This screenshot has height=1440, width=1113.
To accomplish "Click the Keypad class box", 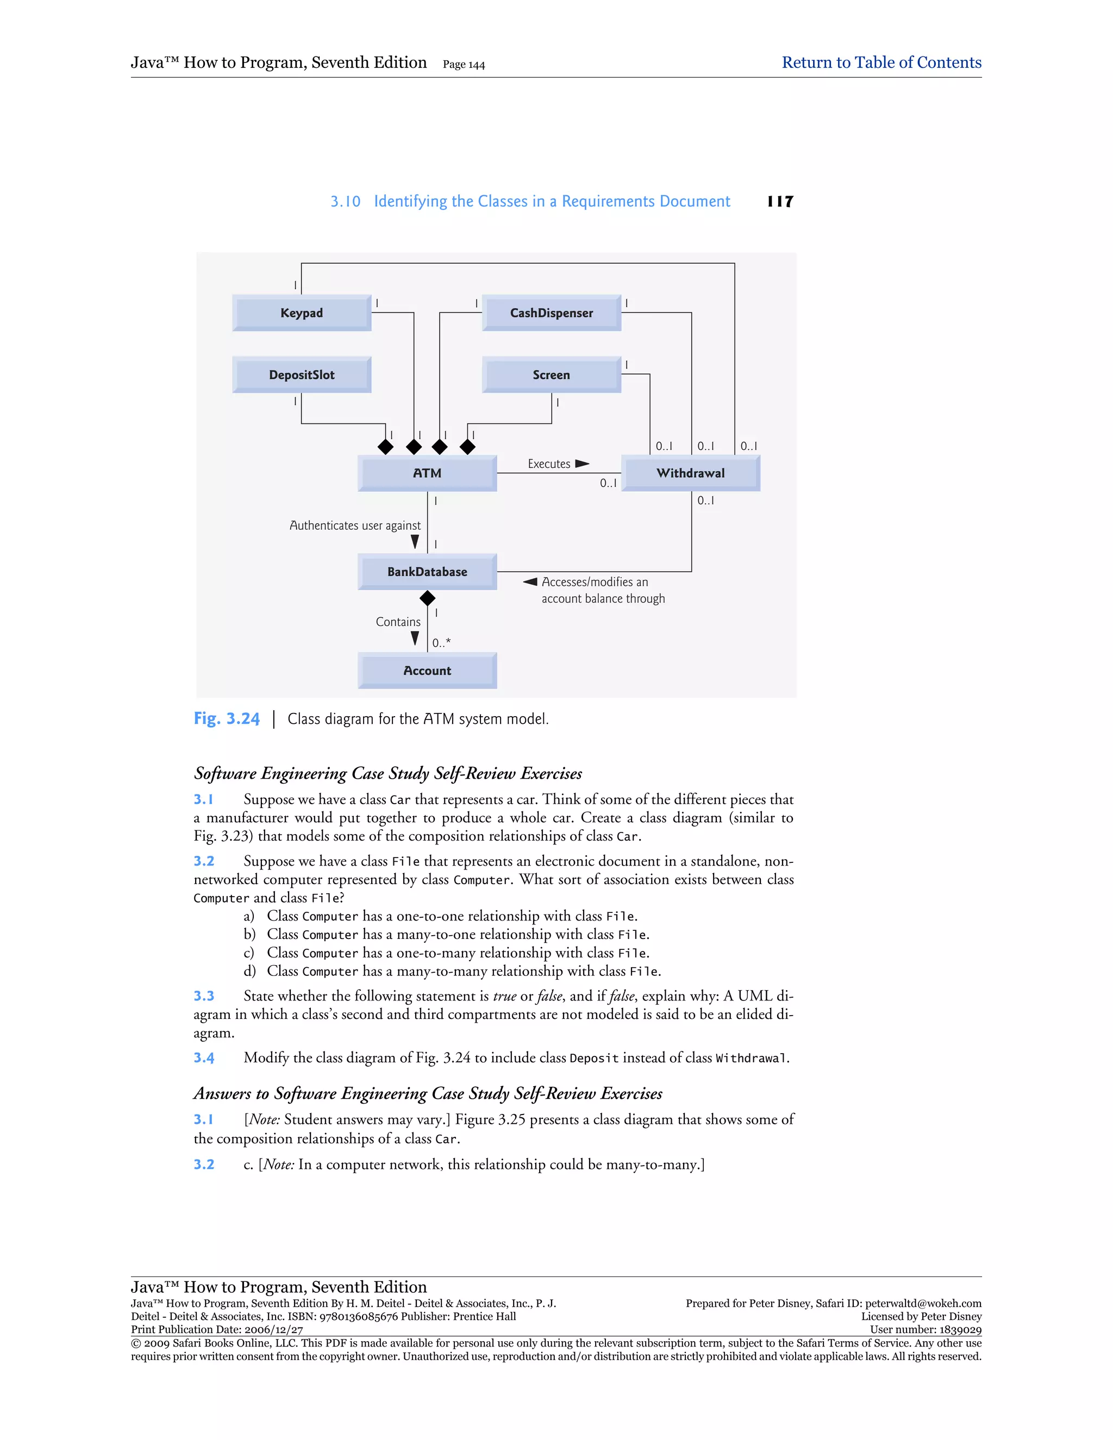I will coord(301,312).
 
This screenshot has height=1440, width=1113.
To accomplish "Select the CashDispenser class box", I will coord(551,312).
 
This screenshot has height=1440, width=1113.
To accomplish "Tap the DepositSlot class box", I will coord(301,374).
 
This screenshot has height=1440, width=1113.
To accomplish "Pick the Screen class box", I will coord(551,374).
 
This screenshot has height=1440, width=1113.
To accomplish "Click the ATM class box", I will coord(427,473).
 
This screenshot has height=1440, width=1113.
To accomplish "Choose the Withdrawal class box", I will coord(690,473).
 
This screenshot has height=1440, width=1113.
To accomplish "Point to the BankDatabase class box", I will coord(427,572).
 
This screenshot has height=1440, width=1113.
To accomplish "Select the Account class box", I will coord(427,671).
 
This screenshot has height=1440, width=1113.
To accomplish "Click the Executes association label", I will coord(548,464).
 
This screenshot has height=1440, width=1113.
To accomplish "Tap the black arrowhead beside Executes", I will coord(581,464).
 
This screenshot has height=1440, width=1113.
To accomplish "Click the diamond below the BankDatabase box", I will coord(427,598).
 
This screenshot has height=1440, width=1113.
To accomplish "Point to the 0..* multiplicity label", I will coord(442,642).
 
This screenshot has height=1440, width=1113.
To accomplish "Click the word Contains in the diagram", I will coord(398,622).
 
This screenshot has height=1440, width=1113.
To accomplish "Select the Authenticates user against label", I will coord(355,525).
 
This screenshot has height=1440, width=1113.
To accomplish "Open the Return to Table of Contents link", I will coord(881,62).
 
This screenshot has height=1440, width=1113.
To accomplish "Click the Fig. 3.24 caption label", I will coord(226,719).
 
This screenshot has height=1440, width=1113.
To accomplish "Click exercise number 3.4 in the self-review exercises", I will coord(204,1057).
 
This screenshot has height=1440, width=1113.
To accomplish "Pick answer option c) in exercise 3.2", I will coord(248,953).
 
